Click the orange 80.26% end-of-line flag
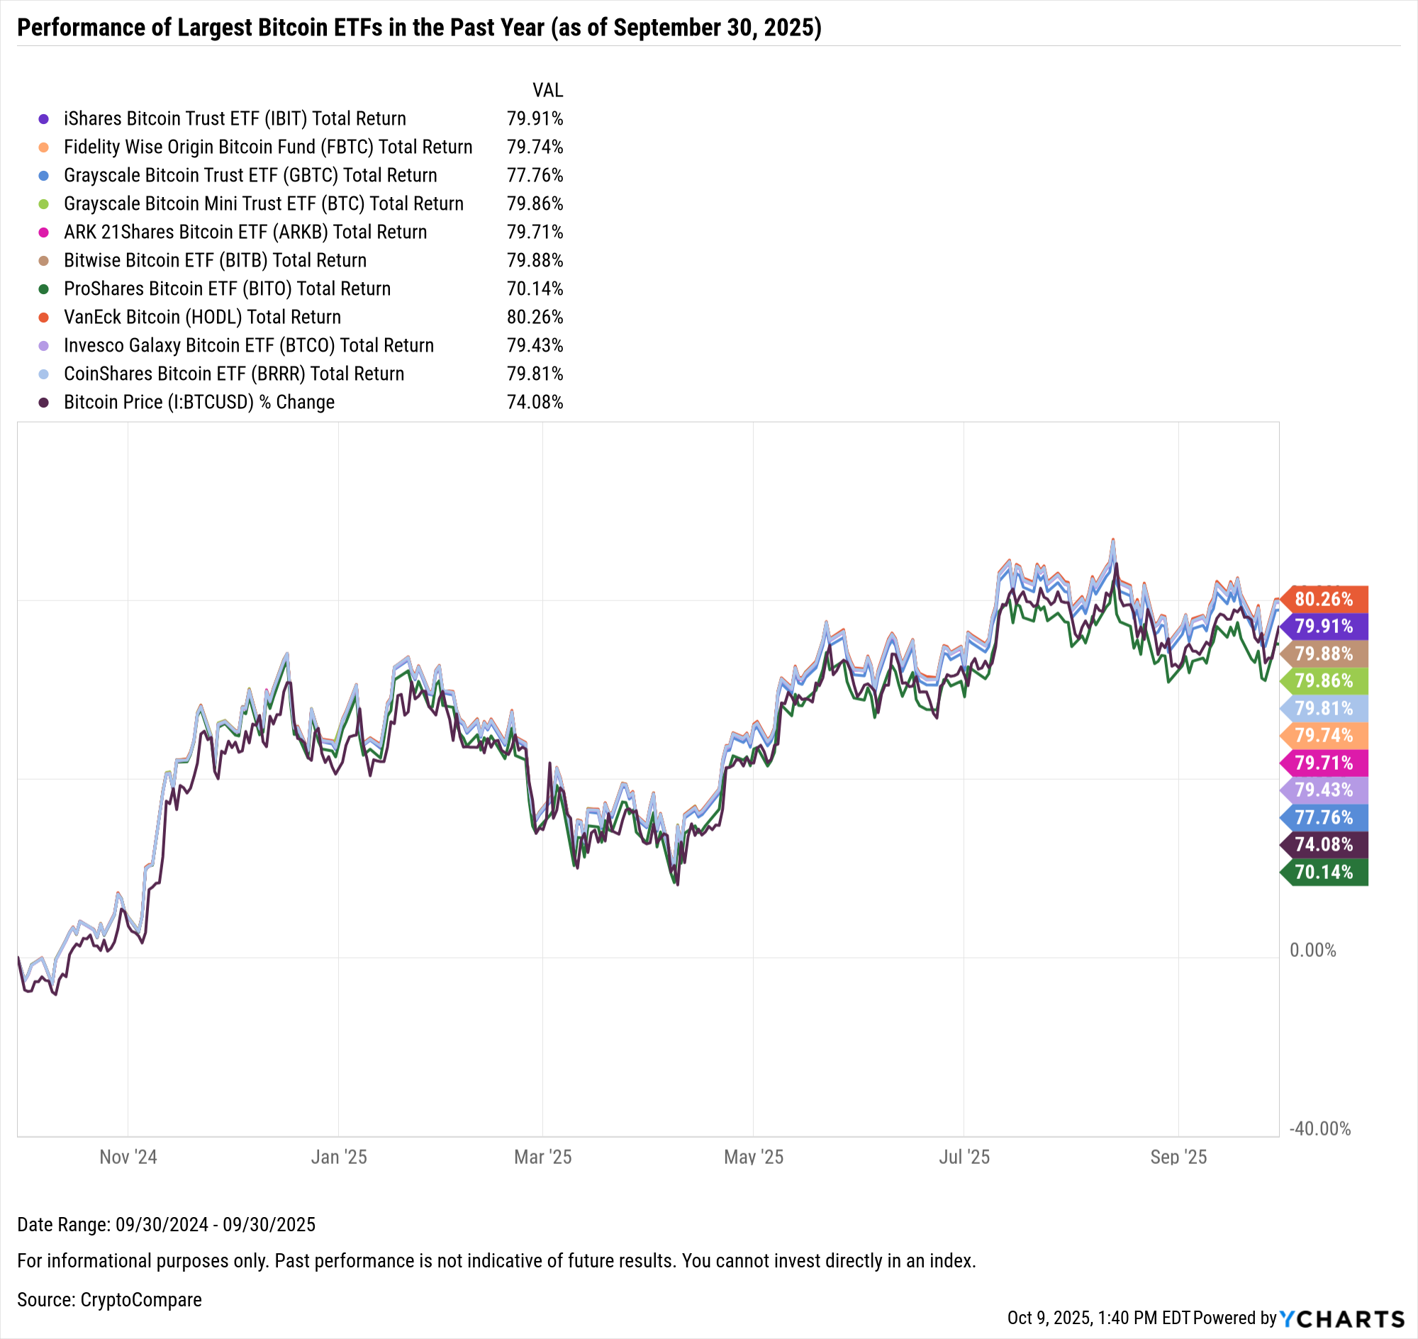coord(1324,599)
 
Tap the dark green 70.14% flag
coord(1324,871)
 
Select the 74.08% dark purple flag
coord(1324,844)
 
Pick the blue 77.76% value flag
coord(1324,817)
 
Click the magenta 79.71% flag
coord(1324,763)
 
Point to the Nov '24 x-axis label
coord(128,1157)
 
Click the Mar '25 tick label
coord(542,1157)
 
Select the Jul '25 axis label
coord(964,1157)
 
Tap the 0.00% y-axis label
coord(1312,950)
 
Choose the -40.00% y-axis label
coord(1319,1128)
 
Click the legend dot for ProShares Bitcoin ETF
coord(43,289)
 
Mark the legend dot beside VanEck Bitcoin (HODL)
coord(43,318)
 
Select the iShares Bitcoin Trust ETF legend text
coord(234,118)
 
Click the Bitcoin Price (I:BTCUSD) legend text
coord(199,402)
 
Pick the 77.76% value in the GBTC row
coord(535,176)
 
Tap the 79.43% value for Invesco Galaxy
coord(535,345)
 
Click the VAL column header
coord(547,91)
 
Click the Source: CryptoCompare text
coord(109,1300)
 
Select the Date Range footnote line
coord(166,1225)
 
